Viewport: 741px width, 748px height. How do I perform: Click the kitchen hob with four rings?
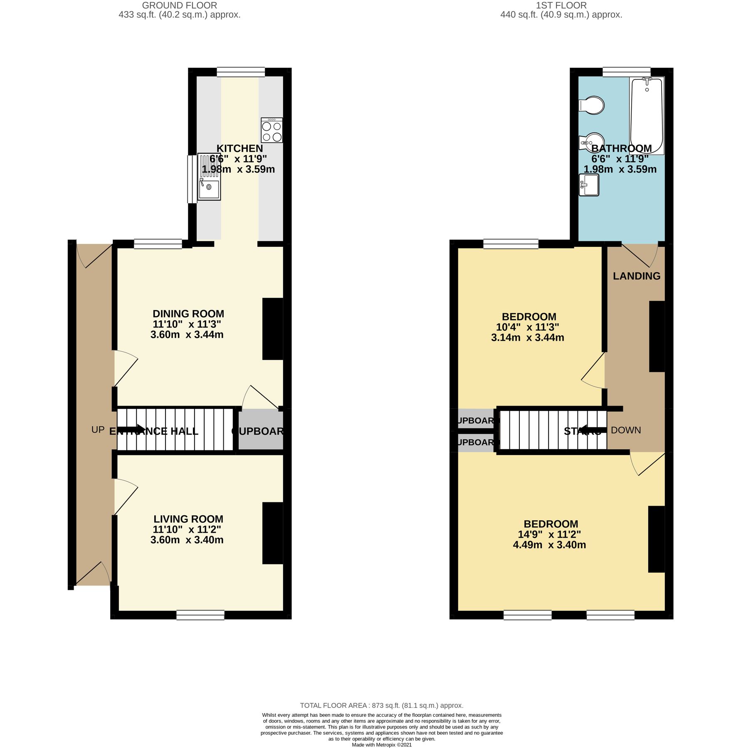coord(272,130)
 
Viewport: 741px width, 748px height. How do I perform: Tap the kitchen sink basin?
coord(209,190)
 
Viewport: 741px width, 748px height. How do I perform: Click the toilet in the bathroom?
coord(592,106)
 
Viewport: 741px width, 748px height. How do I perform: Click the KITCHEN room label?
coord(240,148)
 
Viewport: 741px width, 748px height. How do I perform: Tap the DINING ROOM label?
coord(188,314)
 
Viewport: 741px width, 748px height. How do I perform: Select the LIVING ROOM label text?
coord(188,519)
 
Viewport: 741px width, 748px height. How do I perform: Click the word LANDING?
coord(636,276)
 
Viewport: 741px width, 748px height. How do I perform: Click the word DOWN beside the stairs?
coord(625,430)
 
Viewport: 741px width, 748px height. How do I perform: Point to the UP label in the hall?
coord(98,430)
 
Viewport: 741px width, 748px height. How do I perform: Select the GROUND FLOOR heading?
coord(179,5)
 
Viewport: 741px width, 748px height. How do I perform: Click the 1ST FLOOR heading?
coord(561,5)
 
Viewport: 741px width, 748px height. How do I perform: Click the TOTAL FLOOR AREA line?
coord(381,705)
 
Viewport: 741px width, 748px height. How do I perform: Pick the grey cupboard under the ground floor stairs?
coord(261,431)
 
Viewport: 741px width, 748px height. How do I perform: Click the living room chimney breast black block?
coord(272,533)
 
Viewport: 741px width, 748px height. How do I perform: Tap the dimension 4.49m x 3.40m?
coord(549,545)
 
